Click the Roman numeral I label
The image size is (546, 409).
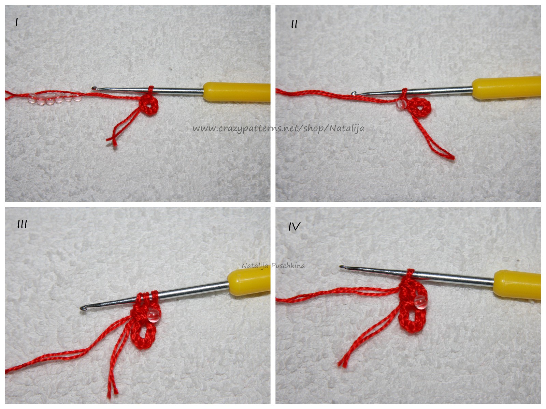click(x=16, y=22)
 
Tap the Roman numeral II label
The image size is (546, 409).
click(x=294, y=24)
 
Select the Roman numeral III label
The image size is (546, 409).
click(x=22, y=225)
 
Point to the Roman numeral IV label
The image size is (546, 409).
click(x=294, y=226)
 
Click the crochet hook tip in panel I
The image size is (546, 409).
click(x=92, y=88)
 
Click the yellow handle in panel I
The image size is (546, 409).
click(x=236, y=92)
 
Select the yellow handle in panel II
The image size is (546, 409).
click(x=506, y=88)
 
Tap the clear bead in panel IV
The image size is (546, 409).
click(x=420, y=303)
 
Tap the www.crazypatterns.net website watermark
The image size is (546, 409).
click(x=278, y=128)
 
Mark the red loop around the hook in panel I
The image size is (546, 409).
click(x=150, y=92)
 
